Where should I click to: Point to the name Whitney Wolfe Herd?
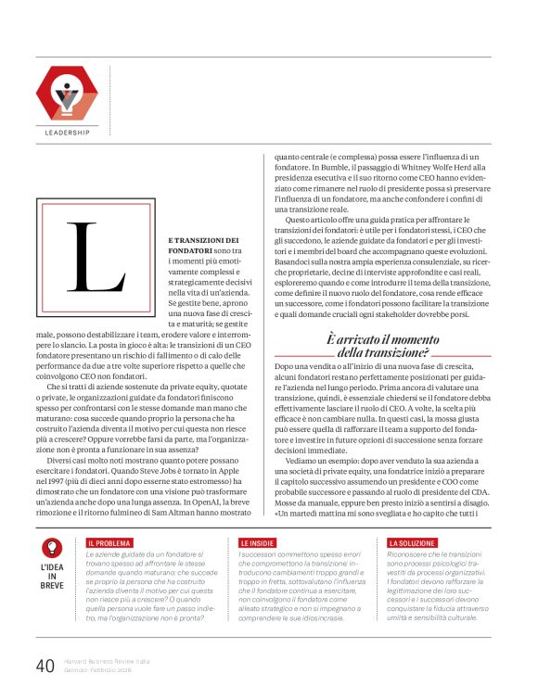432,171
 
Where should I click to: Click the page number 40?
45,666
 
